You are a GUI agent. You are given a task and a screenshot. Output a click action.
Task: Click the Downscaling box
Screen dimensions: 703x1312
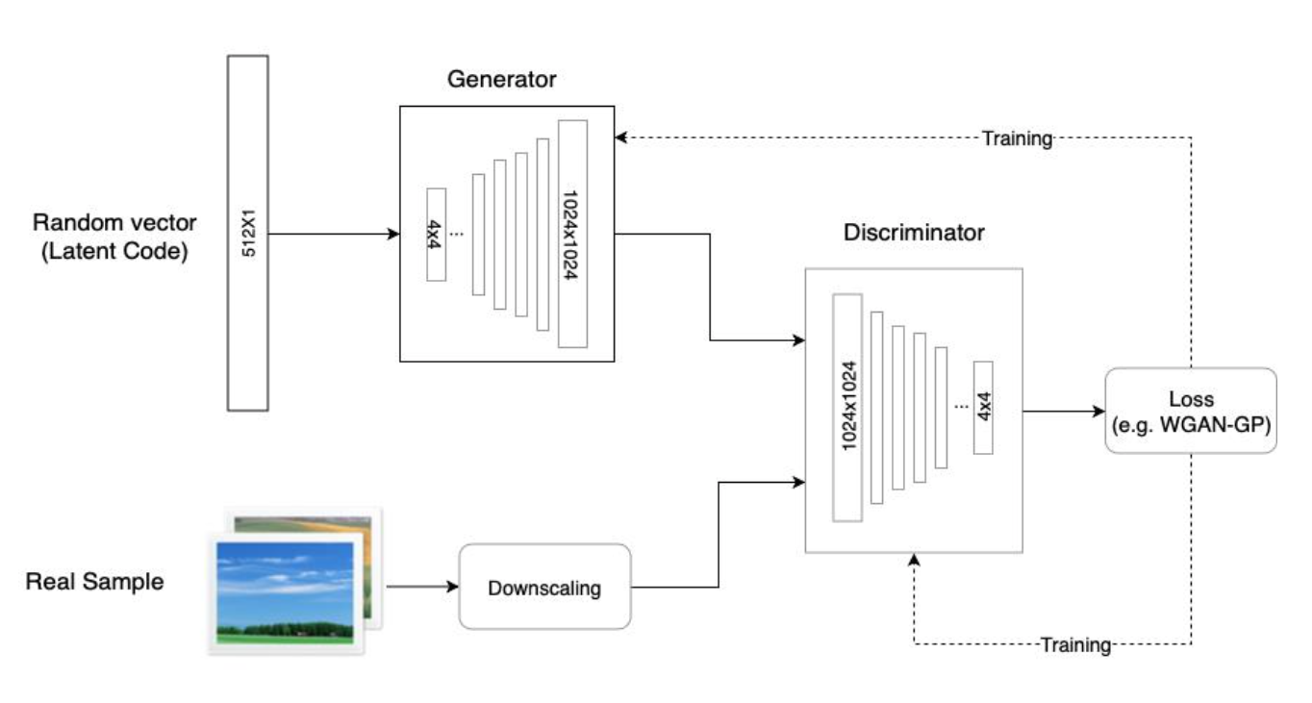coord(544,587)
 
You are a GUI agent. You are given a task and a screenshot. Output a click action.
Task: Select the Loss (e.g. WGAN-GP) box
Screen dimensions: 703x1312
coord(1191,411)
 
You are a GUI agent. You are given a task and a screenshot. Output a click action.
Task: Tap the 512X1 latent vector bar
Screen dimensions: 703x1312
coord(247,233)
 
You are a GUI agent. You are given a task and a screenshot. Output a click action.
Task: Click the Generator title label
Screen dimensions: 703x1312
coord(501,79)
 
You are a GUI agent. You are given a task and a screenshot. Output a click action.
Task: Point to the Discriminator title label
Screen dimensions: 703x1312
coord(914,233)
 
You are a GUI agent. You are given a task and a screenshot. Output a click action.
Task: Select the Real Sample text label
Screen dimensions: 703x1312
coord(94,581)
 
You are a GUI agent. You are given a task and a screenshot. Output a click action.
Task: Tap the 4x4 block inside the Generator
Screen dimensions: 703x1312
coord(437,234)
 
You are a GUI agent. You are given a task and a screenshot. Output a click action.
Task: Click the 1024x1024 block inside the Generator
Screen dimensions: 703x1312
coord(571,233)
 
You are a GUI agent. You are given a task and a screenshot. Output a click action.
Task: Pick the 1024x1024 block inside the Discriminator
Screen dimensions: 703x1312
coord(847,407)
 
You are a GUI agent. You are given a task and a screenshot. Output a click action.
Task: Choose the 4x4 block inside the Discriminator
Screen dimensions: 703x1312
coord(982,407)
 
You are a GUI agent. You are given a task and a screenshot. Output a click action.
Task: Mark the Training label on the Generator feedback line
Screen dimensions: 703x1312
coord(1017,138)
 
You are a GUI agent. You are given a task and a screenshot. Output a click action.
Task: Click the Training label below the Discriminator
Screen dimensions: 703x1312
coord(1075,644)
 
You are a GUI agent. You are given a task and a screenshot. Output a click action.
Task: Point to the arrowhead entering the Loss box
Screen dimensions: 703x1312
coord(1098,411)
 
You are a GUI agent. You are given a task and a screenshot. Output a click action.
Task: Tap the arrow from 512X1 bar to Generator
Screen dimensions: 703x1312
coord(333,234)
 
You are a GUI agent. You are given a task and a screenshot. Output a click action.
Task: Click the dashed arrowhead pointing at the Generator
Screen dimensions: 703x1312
coord(621,138)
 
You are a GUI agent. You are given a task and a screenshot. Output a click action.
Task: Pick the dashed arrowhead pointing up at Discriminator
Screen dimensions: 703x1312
coord(914,560)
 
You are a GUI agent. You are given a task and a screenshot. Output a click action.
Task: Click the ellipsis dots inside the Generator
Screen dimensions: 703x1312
coord(457,234)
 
